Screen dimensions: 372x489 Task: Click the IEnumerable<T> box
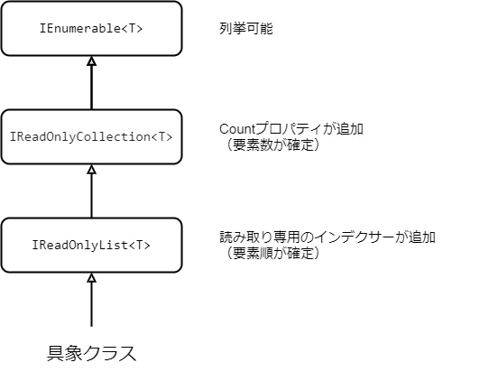(x=91, y=29)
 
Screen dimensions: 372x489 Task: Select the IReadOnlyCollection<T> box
(x=91, y=137)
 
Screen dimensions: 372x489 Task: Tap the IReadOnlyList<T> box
(x=91, y=245)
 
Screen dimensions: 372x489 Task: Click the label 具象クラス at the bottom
(x=91, y=352)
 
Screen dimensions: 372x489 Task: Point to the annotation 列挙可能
(x=245, y=29)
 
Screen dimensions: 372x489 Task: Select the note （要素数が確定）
(x=270, y=144)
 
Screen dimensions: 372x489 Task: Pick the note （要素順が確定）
(x=270, y=253)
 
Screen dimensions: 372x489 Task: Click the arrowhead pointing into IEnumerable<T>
(x=91, y=61)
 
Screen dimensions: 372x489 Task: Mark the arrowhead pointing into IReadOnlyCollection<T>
(x=91, y=170)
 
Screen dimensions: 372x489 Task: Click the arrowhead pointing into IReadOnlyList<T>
(x=91, y=277)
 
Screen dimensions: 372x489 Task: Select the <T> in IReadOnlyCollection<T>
(x=160, y=137)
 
